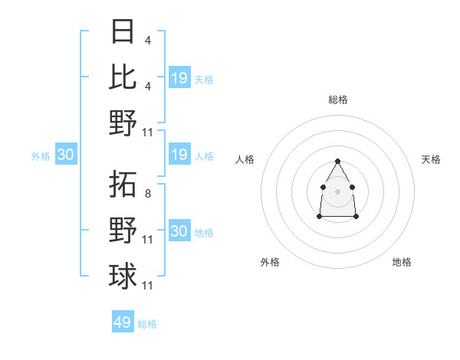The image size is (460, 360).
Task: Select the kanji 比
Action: click(123, 77)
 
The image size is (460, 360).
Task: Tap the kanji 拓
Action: click(123, 185)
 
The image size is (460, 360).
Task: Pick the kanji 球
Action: click(123, 275)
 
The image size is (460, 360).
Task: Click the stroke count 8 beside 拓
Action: click(149, 195)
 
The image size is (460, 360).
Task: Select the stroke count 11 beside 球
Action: click(149, 286)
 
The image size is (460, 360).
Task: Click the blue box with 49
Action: click(123, 322)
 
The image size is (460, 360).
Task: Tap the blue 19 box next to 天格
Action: click(179, 78)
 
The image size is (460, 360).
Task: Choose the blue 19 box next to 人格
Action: click(179, 155)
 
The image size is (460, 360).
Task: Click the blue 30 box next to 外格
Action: click(66, 155)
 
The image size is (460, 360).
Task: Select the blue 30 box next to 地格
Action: click(179, 231)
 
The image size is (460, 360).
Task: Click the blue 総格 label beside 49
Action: click(147, 324)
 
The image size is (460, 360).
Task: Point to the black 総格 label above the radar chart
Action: click(338, 100)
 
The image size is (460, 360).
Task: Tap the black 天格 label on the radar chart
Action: click(432, 159)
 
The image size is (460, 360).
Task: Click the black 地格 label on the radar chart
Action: click(402, 262)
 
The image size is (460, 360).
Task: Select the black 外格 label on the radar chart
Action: click(270, 262)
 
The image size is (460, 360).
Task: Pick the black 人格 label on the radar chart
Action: click(245, 159)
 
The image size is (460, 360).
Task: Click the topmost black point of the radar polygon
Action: click(338, 161)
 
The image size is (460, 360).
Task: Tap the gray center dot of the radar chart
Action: click(338, 189)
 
